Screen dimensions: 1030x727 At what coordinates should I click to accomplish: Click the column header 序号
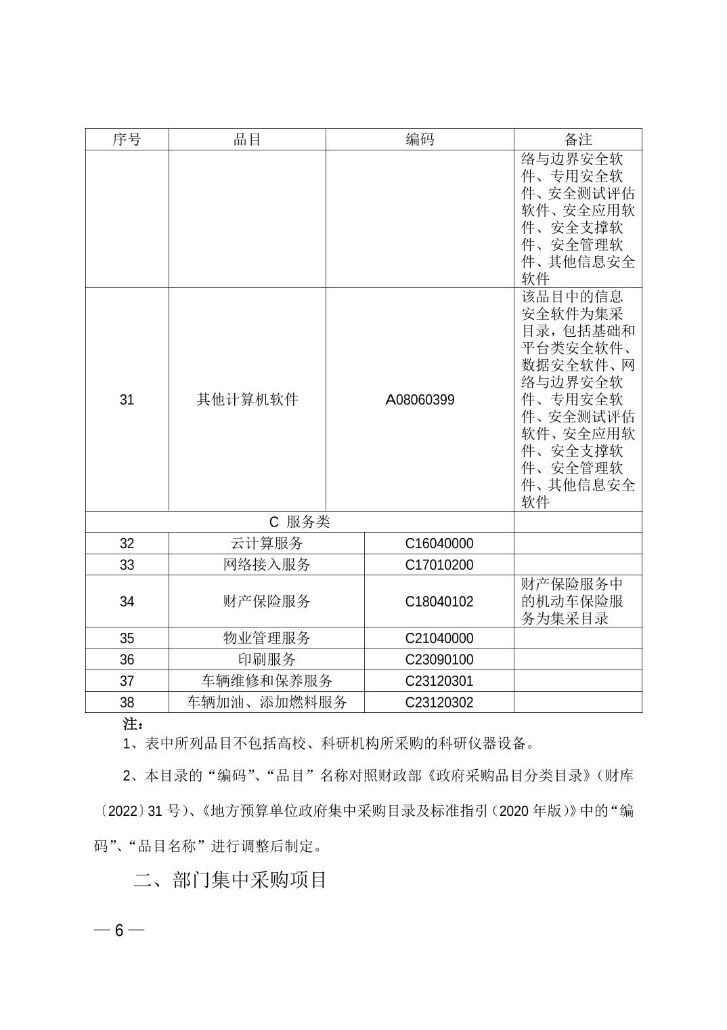(127, 140)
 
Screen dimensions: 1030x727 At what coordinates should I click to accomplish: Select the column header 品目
(247, 140)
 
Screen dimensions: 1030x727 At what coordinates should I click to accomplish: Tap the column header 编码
(420, 140)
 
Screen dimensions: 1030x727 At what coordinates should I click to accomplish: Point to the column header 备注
(578, 140)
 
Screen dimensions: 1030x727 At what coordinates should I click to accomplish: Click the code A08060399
(420, 400)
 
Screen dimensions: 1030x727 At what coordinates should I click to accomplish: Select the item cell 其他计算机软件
(247, 400)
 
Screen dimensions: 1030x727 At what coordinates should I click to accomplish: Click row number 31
(127, 400)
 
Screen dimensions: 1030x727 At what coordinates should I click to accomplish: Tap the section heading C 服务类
(299, 522)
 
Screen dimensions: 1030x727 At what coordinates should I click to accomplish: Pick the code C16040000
(439, 543)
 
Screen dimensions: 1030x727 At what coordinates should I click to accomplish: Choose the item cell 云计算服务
(267, 543)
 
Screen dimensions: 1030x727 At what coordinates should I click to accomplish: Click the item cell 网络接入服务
(267, 565)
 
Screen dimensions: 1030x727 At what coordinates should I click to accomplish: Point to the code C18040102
(439, 602)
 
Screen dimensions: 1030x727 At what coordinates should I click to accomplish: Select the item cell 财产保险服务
(267, 602)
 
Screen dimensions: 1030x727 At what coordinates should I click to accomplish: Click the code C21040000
(439, 638)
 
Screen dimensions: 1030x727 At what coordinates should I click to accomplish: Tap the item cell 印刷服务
(267, 659)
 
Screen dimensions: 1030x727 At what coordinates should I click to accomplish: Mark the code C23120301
(439, 681)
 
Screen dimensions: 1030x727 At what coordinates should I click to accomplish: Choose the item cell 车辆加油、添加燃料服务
(267, 703)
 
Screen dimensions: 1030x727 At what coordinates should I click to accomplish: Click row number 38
(127, 703)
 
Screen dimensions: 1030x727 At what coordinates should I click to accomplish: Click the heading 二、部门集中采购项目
(230, 880)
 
